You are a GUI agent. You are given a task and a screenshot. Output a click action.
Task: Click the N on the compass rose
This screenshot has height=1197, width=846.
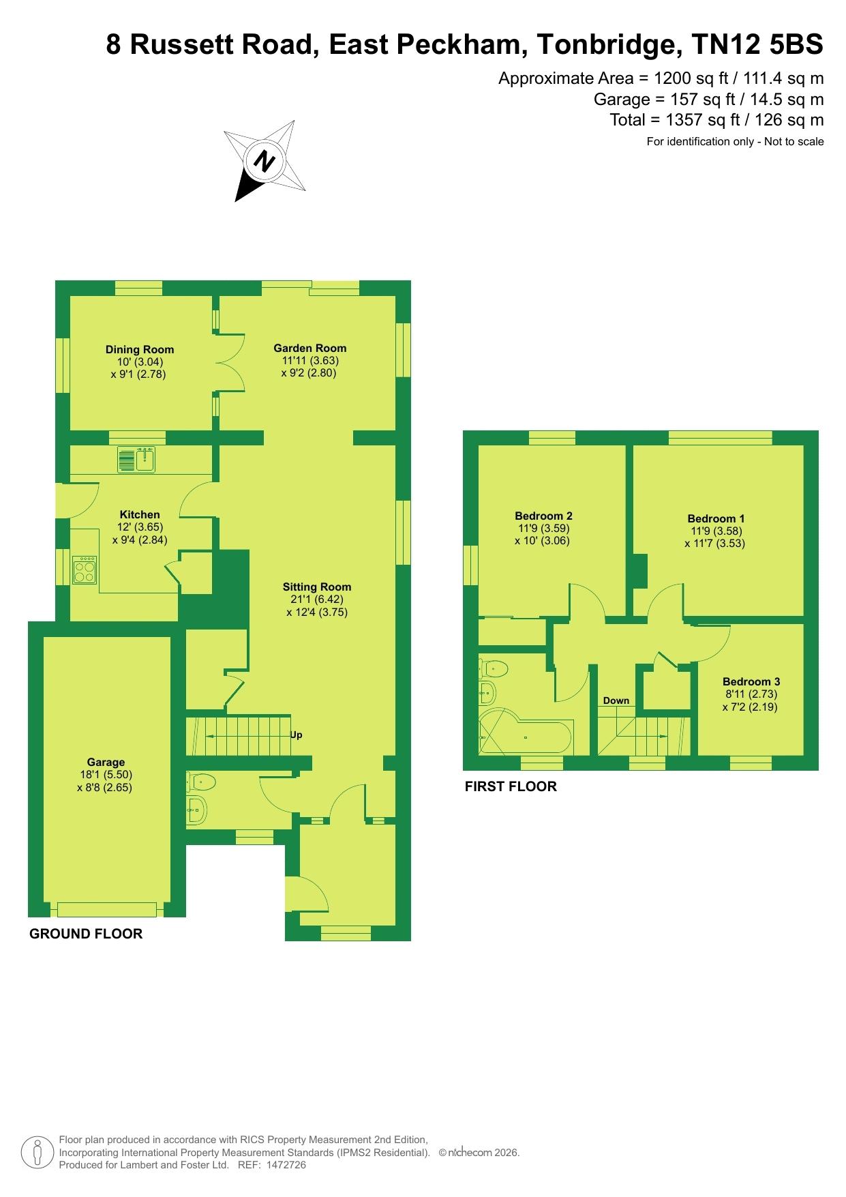(x=264, y=161)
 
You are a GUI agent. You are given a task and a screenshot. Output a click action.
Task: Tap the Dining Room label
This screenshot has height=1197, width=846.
(x=140, y=350)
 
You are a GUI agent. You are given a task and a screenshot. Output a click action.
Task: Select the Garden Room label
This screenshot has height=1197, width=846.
(x=310, y=348)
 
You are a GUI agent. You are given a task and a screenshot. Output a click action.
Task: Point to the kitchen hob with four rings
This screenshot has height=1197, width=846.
(x=85, y=570)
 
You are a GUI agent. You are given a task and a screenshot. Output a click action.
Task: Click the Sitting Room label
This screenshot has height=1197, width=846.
(x=317, y=587)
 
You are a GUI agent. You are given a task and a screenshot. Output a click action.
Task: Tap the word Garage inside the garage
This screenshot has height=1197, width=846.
(x=106, y=763)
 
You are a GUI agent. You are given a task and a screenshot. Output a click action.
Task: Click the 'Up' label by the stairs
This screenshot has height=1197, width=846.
(x=296, y=735)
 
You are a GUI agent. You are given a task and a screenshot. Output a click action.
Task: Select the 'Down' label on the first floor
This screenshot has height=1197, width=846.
(x=616, y=700)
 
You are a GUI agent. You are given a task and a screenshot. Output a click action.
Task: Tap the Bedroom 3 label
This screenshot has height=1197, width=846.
(x=751, y=681)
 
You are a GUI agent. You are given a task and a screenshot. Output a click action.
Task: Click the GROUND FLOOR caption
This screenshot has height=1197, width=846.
(x=86, y=934)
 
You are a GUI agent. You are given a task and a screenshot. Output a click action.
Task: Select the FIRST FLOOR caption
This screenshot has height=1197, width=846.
(x=511, y=786)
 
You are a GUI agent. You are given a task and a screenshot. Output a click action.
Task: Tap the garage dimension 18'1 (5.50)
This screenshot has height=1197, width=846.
(x=106, y=775)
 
